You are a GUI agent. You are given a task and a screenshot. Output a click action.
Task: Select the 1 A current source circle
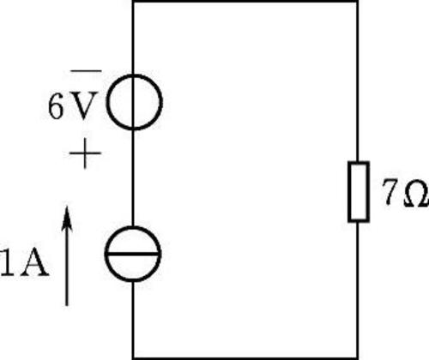[105, 254]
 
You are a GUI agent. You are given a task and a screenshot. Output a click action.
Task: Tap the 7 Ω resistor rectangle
[348, 191]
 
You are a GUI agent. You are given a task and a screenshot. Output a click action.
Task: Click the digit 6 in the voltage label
[56, 106]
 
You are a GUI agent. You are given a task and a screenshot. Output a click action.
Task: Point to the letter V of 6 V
[83, 105]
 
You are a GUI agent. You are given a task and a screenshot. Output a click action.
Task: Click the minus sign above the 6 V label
[86, 70]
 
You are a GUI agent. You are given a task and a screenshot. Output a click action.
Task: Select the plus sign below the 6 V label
[85, 153]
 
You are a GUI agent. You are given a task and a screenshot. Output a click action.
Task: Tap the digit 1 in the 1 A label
[8, 261]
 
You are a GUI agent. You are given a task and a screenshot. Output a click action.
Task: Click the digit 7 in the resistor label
[390, 193]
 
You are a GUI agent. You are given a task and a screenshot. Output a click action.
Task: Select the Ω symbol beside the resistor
[416, 194]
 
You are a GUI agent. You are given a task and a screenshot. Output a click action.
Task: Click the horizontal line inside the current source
[133, 254]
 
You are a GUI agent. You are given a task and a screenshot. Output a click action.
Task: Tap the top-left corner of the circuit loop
[133, 1]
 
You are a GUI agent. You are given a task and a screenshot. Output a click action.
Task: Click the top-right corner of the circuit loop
[358, 1]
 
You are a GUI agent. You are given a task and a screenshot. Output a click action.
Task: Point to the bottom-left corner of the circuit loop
[133, 358]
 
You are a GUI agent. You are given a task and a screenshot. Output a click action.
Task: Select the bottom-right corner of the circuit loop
[358, 358]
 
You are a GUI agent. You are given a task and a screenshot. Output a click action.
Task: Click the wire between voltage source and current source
[133, 178]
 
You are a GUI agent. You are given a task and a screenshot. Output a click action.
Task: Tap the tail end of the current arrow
[67, 306]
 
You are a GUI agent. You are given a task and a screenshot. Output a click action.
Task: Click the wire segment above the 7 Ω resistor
[358, 81]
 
